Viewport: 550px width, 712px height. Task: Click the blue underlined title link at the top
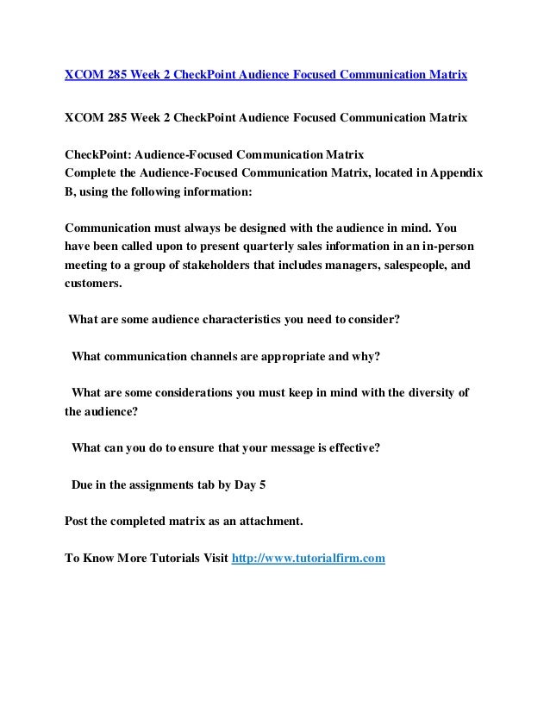pos(266,75)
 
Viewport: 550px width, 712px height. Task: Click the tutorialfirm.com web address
pos(309,558)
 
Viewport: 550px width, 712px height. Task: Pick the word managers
pos(330,265)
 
